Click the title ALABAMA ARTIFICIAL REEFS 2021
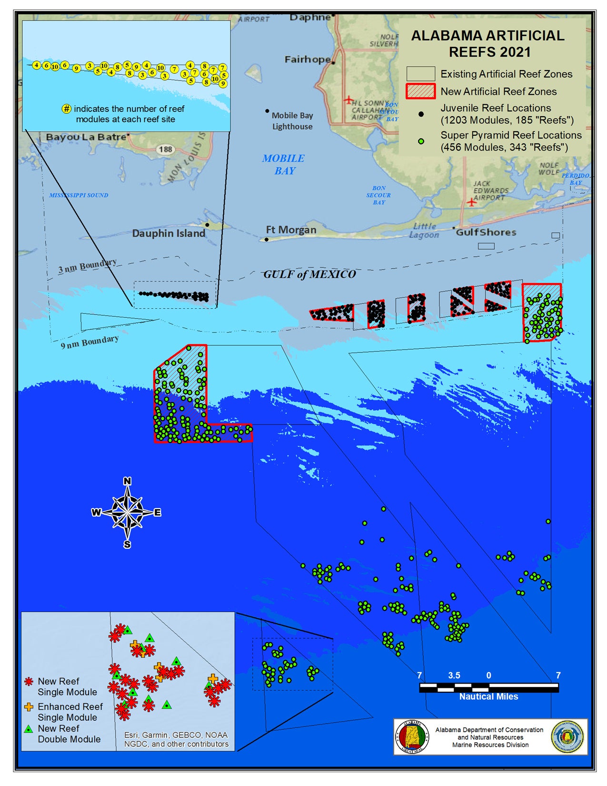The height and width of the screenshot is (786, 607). pyautogui.click(x=488, y=43)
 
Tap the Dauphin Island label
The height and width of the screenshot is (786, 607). pyautogui.click(x=169, y=233)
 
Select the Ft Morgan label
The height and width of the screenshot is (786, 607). pyautogui.click(x=291, y=230)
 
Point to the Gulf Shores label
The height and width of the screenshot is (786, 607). pyautogui.click(x=486, y=232)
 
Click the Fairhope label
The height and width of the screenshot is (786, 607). pyautogui.click(x=308, y=60)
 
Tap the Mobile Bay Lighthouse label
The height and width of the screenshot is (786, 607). pyautogui.click(x=292, y=121)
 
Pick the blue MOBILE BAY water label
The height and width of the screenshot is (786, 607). pyautogui.click(x=284, y=164)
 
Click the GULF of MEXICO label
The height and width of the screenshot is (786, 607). pyautogui.click(x=309, y=274)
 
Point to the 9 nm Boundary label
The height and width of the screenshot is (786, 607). pyautogui.click(x=90, y=342)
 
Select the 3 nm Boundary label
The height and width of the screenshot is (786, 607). pyautogui.click(x=87, y=266)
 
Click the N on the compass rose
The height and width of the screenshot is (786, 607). pyautogui.click(x=127, y=481)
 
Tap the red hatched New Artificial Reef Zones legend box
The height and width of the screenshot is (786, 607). pyautogui.click(x=420, y=91)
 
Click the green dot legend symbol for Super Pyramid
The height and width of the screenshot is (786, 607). pyautogui.click(x=421, y=141)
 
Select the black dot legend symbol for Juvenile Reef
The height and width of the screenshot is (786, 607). pyautogui.click(x=421, y=114)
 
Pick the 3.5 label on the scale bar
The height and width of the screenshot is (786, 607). pyautogui.click(x=454, y=675)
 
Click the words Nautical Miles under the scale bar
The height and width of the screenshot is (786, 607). pyautogui.click(x=488, y=696)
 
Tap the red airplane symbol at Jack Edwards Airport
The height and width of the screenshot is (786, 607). pyautogui.click(x=471, y=202)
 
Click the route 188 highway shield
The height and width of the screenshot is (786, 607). pyautogui.click(x=165, y=150)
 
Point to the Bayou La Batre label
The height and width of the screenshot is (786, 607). pyautogui.click(x=86, y=137)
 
